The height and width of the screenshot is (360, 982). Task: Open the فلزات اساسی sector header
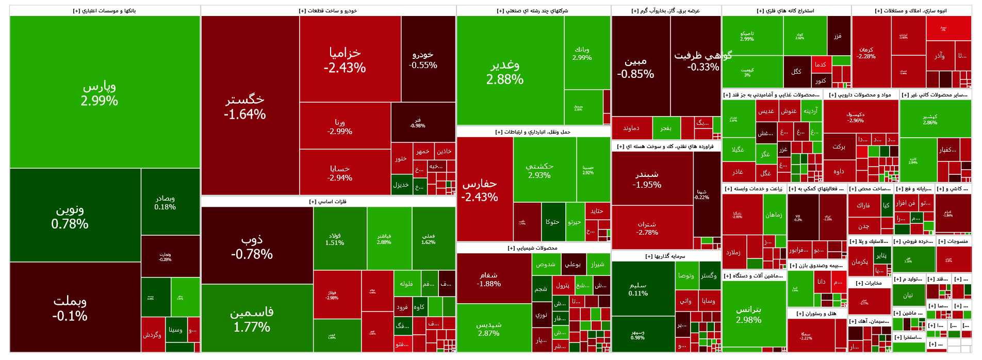click(x=328, y=202)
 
